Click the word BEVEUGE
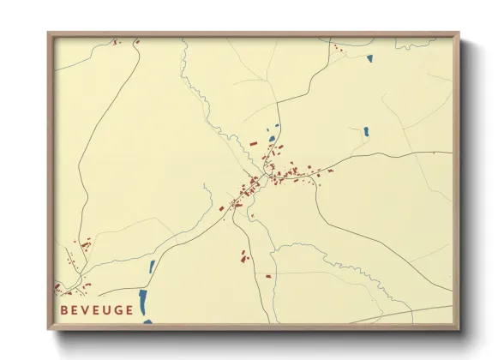pos(97,310)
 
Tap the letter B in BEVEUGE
pos(64,310)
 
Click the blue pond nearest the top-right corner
pos(369,59)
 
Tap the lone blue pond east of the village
pos(366,132)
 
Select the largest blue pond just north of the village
pos(272,138)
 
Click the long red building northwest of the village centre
pos(253,143)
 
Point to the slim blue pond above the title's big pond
pos(152,267)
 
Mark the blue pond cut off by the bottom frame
pos(147,322)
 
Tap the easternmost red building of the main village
pos(331,171)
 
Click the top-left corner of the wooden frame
pos(50,34)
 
